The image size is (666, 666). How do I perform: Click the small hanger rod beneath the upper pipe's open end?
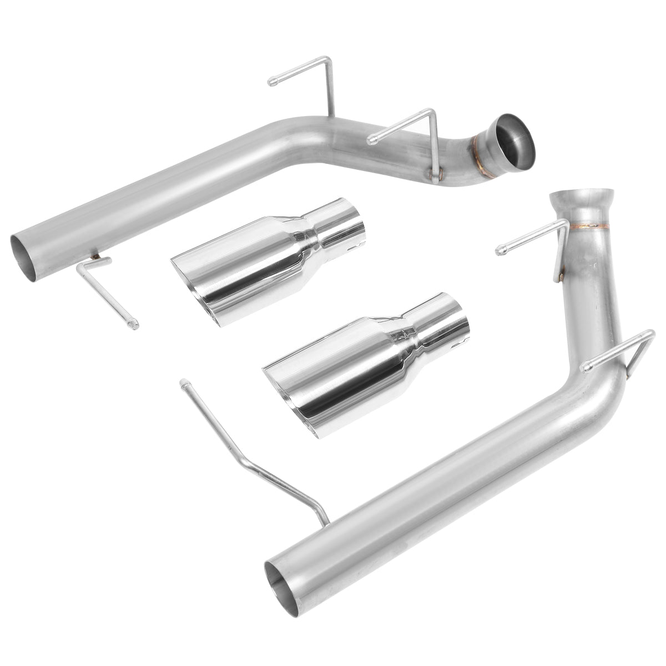pyautogui.click(x=108, y=289)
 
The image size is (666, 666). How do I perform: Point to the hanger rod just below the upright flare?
pyautogui.click(x=533, y=239)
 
